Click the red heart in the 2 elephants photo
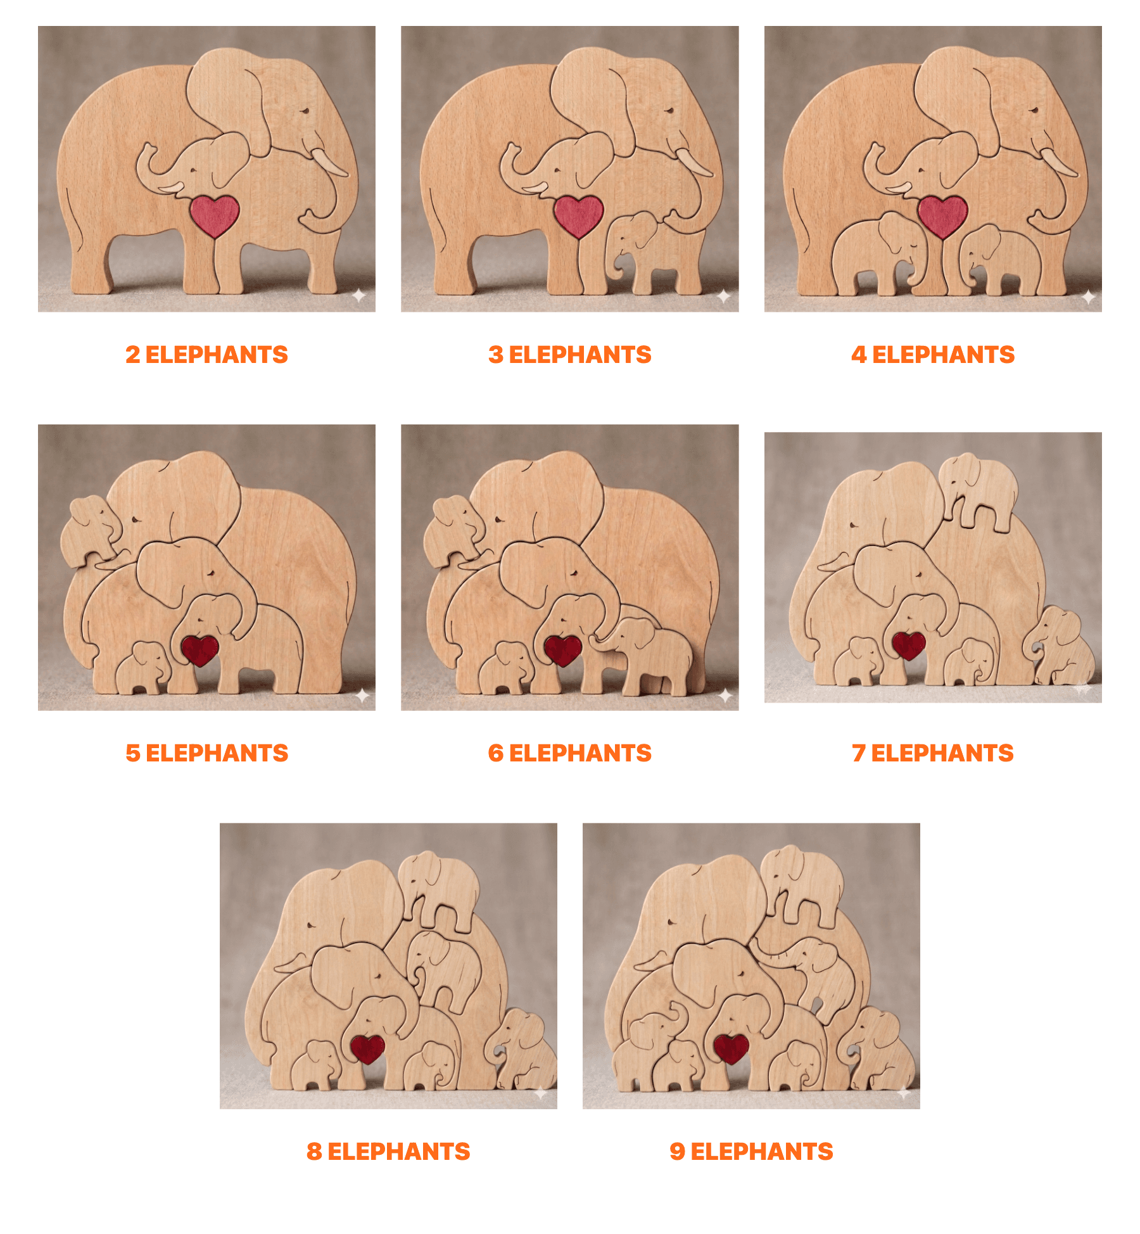[215, 215]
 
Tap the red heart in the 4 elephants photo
[942, 215]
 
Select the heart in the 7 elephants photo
[909, 645]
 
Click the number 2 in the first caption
[132, 355]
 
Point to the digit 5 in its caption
[132, 753]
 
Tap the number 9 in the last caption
[677, 1152]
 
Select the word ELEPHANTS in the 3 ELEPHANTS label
[580, 355]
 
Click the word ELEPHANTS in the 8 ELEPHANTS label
[399, 1152]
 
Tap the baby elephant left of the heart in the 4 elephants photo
[877, 253]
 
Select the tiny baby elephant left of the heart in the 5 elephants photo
[144, 668]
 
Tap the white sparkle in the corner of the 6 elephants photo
[725, 696]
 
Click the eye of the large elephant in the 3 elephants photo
[669, 111]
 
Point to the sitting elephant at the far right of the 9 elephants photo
[880, 1048]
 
